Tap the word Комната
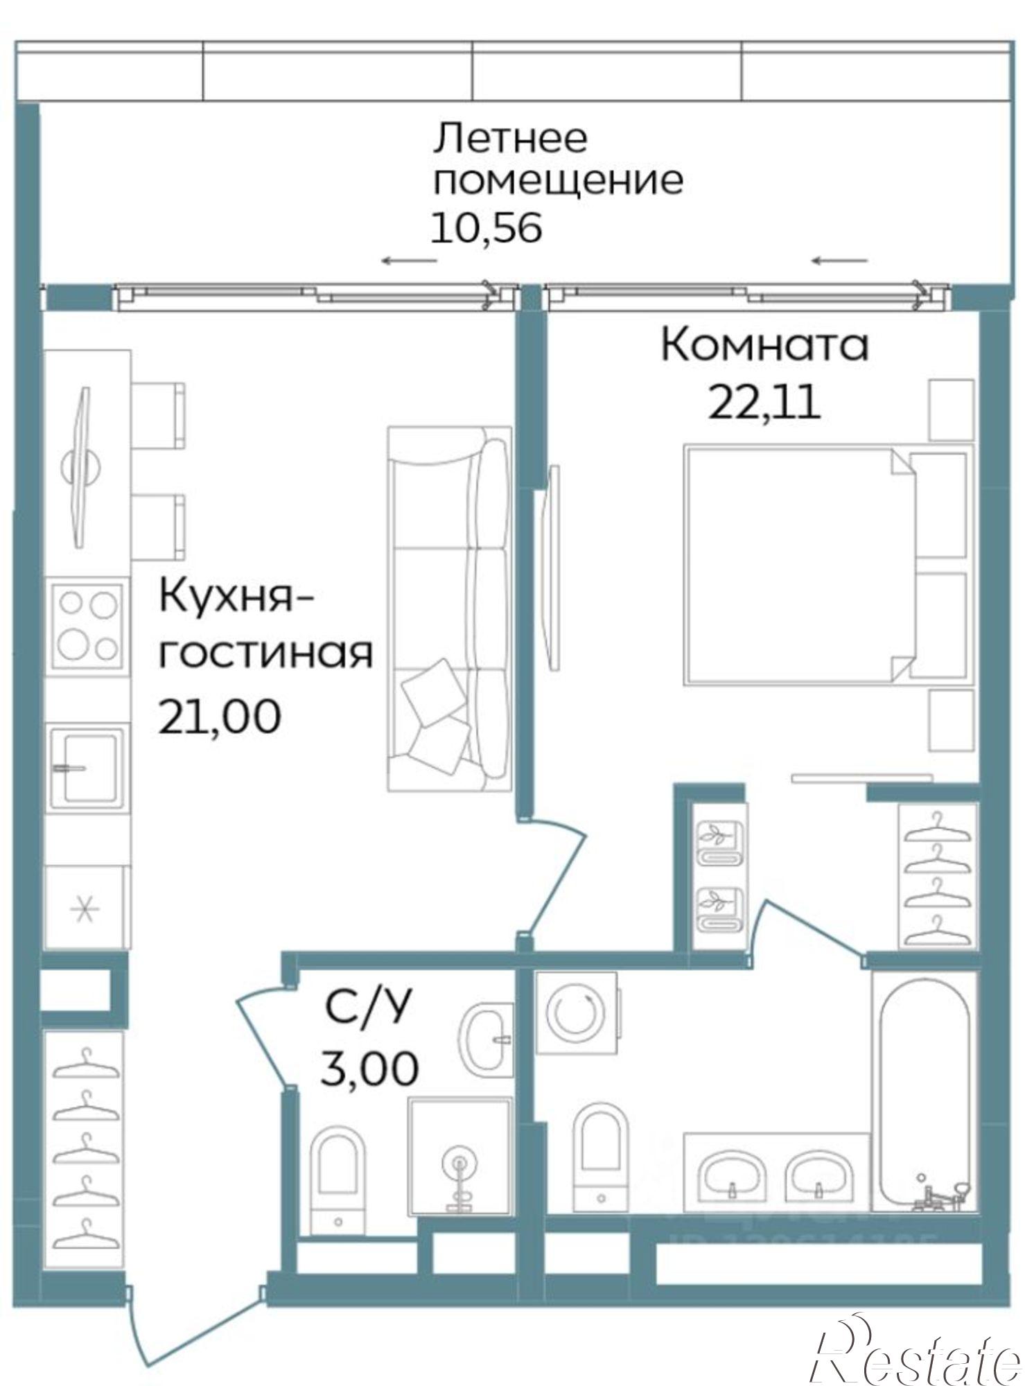[x=764, y=344]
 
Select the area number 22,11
[x=764, y=401]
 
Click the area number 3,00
[x=369, y=1068]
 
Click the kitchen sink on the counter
[x=88, y=767]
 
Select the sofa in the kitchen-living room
[x=449, y=608]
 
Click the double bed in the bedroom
[x=804, y=565]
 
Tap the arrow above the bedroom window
[x=839, y=261]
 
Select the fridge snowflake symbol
[x=86, y=909]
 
